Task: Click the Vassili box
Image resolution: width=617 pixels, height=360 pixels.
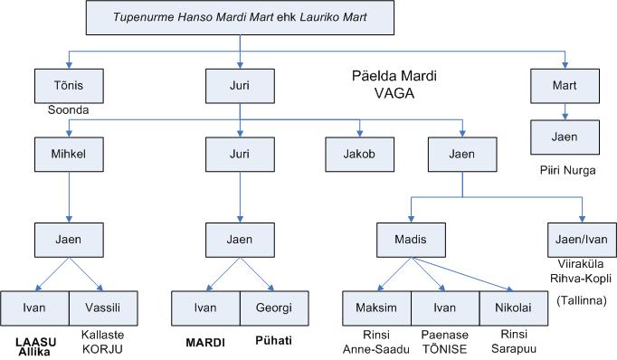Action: pos(104,308)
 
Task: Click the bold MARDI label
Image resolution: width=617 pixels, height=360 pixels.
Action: pos(207,342)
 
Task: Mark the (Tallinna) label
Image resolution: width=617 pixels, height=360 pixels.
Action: pos(581,299)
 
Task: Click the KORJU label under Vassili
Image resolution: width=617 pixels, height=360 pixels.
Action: pos(103,349)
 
